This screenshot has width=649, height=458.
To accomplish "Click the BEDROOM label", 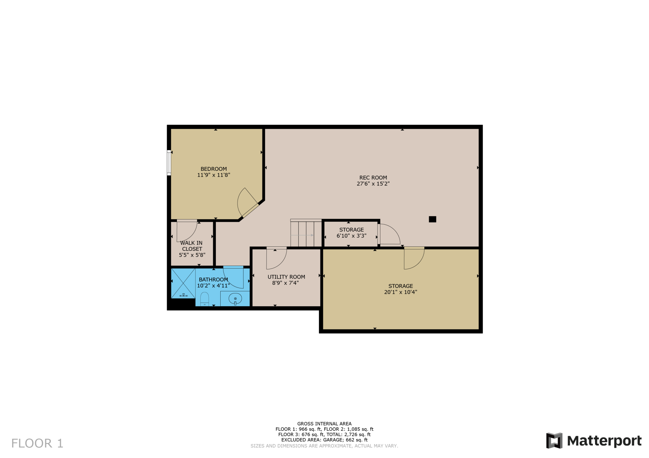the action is click(x=214, y=169).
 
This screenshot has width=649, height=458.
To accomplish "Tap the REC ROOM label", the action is click(x=373, y=178).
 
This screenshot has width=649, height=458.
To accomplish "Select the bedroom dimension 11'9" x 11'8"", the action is click(x=214, y=175).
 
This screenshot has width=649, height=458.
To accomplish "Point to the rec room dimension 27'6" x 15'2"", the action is click(x=373, y=184).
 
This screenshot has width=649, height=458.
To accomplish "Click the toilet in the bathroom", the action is click(x=204, y=299).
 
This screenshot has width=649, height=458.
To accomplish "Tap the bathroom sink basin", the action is click(x=235, y=299).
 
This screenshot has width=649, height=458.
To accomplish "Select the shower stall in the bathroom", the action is click(x=183, y=283).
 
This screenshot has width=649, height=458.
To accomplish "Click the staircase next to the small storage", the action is click(x=306, y=233).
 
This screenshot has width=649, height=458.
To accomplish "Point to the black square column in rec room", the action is click(x=432, y=219).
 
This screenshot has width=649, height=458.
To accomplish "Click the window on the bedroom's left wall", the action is click(x=169, y=163).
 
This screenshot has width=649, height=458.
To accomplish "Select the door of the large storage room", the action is click(x=414, y=258).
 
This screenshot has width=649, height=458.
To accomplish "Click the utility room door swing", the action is click(x=276, y=258).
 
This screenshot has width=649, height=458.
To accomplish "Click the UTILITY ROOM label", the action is click(x=286, y=277).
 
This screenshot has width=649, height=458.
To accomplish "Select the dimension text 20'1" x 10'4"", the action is click(x=401, y=292).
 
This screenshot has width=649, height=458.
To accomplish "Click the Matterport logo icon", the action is click(x=554, y=441).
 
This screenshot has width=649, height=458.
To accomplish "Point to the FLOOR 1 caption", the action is click(x=37, y=443).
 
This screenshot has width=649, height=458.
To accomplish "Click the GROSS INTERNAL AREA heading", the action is click(x=324, y=424).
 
